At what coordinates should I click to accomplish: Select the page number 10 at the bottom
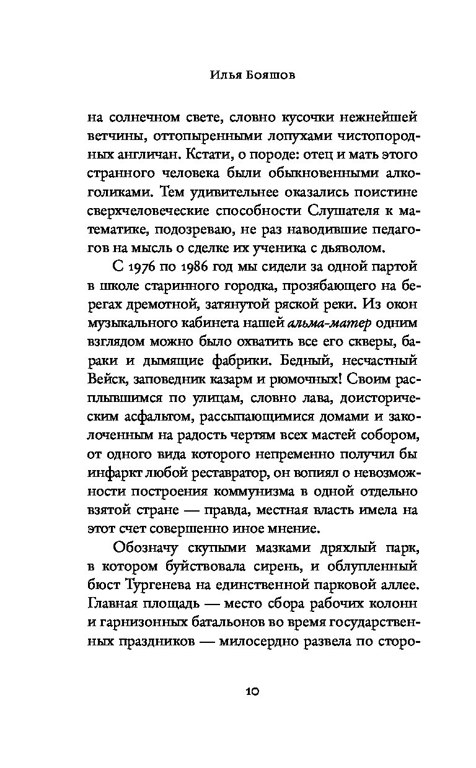point(238,691)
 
